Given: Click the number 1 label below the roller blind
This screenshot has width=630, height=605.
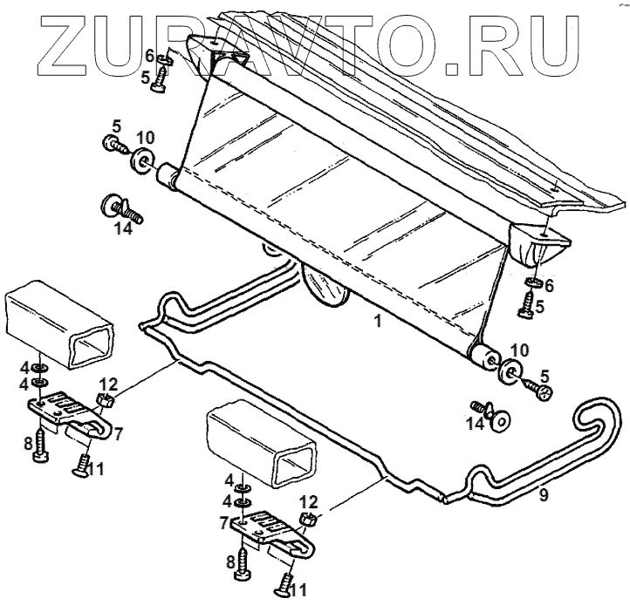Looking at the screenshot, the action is (377, 321).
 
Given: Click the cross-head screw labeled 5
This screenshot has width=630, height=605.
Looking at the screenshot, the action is (544, 392).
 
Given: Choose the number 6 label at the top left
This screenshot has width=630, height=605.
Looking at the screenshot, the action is (149, 57).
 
